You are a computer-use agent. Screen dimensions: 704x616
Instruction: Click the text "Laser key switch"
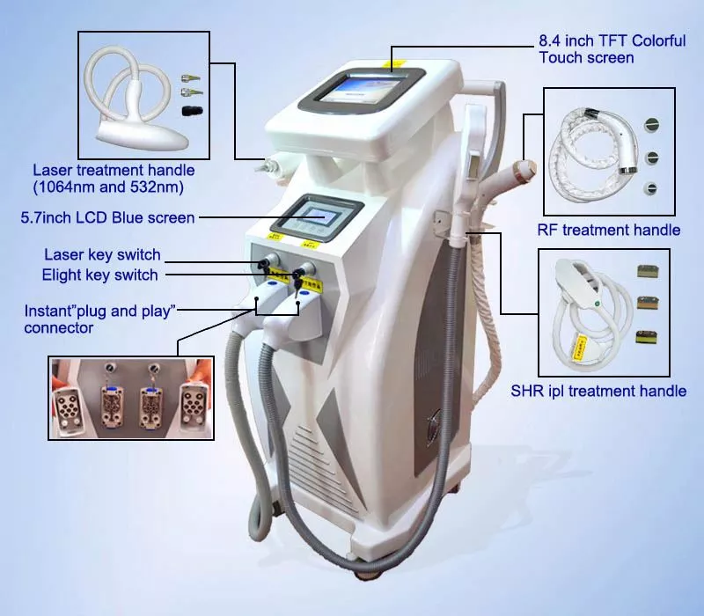(x=102, y=254)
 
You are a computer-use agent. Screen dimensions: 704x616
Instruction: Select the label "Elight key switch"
(x=99, y=275)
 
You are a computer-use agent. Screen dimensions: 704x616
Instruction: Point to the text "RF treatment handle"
(x=609, y=230)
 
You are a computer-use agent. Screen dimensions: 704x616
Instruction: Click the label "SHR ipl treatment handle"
(x=598, y=391)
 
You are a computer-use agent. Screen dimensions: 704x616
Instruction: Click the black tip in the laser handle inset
(x=192, y=111)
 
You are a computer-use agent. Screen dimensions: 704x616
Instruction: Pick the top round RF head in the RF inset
(x=651, y=124)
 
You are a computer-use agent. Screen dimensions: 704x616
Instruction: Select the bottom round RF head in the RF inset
(x=650, y=188)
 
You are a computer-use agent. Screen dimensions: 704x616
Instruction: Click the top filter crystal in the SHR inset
(x=648, y=272)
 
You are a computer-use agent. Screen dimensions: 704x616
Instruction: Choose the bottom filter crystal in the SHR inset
(x=647, y=337)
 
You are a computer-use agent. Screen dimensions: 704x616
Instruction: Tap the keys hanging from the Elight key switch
(x=297, y=283)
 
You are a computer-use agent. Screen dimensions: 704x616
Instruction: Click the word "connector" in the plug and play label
(x=58, y=327)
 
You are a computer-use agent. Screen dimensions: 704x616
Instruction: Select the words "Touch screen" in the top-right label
(x=586, y=57)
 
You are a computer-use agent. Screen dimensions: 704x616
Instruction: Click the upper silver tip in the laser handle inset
(x=191, y=78)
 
